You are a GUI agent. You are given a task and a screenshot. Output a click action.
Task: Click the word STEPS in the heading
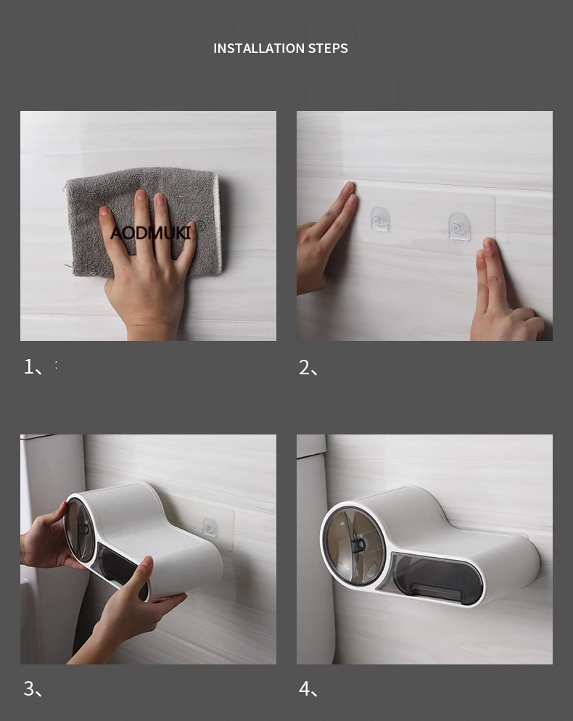click(328, 49)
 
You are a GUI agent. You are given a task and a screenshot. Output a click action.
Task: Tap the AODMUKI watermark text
click(151, 233)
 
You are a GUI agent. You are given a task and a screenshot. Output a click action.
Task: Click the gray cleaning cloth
click(143, 223)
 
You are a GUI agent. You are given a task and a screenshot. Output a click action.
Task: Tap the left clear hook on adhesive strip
click(380, 219)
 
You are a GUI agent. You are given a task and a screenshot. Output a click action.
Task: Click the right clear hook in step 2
click(459, 226)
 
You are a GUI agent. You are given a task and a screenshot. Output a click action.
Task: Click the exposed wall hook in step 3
click(210, 527)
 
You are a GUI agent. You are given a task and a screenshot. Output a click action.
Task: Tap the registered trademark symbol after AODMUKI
click(200, 226)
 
